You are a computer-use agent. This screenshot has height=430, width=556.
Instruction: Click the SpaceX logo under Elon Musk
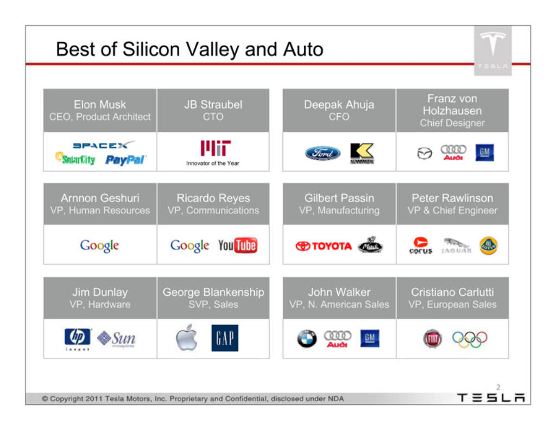(x=103, y=144)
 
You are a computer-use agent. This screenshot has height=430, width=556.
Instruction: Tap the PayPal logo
(x=125, y=160)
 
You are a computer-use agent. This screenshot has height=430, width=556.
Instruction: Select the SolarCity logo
(x=75, y=159)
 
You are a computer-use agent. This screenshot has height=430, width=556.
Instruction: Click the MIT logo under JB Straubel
(x=215, y=148)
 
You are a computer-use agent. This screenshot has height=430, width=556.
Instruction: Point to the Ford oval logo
(x=323, y=153)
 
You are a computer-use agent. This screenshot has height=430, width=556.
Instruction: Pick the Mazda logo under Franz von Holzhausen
(x=425, y=153)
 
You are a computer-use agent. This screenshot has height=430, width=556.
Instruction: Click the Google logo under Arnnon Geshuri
(x=100, y=245)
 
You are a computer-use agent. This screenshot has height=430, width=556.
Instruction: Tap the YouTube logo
(x=238, y=245)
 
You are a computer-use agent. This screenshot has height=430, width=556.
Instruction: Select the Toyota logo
(x=324, y=245)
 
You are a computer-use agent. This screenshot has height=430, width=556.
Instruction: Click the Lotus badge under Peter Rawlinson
(x=488, y=245)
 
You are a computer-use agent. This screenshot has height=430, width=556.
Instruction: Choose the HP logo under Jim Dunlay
(x=77, y=337)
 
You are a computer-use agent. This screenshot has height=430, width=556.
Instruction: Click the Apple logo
(x=187, y=337)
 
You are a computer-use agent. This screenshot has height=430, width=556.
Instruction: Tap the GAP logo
(x=225, y=338)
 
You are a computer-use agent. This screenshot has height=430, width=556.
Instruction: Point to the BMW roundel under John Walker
(x=307, y=339)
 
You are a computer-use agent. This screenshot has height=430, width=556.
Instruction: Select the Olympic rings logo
(x=470, y=339)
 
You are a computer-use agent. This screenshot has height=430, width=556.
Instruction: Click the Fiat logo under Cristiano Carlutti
(x=433, y=339)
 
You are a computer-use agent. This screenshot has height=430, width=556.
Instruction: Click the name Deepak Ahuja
(x=339, y=105)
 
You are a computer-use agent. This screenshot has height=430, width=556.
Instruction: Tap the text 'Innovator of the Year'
(x=213, y=163)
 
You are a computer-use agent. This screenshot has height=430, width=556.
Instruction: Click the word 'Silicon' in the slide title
(x=151, y=49)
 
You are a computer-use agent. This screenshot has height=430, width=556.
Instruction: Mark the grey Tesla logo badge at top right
(x=492, y=50)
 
